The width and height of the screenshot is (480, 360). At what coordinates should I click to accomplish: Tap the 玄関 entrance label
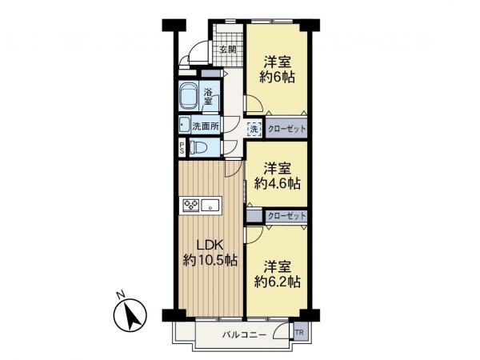(x=228, y=50)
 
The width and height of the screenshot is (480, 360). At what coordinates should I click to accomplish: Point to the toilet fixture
(x=202, y=148)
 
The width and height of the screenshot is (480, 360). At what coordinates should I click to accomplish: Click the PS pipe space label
(x=182, y=147)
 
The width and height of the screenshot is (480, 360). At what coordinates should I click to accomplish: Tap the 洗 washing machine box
(x=253, y=128)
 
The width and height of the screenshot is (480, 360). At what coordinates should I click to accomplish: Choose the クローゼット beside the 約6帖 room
(x=286, y=128)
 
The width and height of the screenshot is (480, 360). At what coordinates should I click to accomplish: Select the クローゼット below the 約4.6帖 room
(x=286, y=216)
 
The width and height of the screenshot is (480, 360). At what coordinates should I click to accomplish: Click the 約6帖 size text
(x=277, y=78)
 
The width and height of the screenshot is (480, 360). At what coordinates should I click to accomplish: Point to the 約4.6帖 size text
(x=277, y=183)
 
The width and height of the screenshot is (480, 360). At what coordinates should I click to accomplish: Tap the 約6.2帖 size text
(x=277, y=281)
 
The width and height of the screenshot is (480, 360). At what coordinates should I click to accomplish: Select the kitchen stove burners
(x=191, y=205)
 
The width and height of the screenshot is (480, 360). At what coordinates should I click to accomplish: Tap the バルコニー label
(x=245, y=334)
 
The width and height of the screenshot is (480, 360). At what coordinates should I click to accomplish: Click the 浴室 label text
(x=208, y=96)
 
